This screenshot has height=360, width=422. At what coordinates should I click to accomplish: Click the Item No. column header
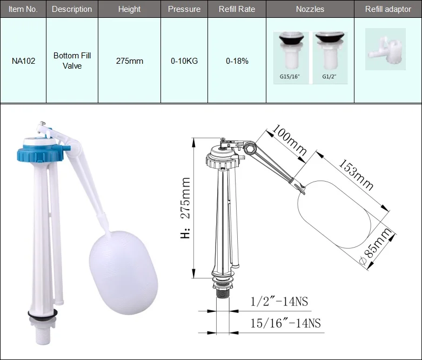pos(23,9)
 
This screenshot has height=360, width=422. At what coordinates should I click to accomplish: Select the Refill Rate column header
pos(237,9)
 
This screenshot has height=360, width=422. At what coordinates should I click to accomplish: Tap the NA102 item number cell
pos(23,61)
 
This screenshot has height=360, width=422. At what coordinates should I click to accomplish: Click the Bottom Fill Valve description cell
pos(72,61)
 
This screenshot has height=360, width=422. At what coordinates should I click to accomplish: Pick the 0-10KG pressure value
pos(184,61)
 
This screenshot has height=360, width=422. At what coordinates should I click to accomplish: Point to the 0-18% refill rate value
pos(237,61)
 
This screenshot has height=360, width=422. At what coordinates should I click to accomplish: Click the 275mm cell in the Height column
pos(130,61)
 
